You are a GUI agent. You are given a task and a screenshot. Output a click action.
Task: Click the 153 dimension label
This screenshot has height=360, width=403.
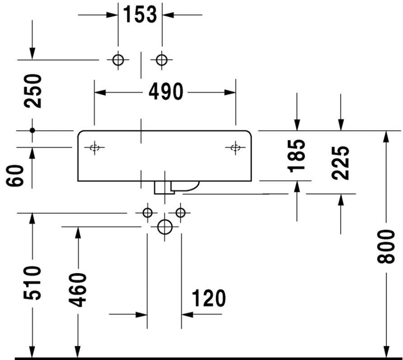pyautogui.click(x=140, y=14)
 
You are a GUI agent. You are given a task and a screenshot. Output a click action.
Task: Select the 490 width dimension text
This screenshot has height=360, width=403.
pyautogui.click(x=166, y=92)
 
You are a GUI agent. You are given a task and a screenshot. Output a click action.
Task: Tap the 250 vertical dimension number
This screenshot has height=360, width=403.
pyautogui.click(x=33, y=91)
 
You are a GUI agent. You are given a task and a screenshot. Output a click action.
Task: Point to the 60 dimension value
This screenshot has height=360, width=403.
pyautogui.click(x=14, y=175)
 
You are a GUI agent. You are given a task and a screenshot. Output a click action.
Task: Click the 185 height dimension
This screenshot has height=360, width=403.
pyautogui.click(x=296, y=156)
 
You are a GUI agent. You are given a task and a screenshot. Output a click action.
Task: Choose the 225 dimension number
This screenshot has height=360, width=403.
pyautogui.click(x=340, y=163)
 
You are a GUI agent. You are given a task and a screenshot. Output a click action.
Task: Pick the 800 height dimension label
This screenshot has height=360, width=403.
pyautogui.click(x=385, y=247)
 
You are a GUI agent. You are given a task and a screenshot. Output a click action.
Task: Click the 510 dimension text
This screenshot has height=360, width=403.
pyautogui.click(x=32, y=283)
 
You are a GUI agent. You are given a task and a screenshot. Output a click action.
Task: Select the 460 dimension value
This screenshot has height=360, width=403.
pyautogui.click(x=78, y=290)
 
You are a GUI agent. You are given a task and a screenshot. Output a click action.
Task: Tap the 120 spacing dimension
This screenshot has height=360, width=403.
pyautogui.click(x=209, y=298)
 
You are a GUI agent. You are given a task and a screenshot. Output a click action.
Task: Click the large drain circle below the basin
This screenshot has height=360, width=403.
pyautogui.click(x=164, y=227)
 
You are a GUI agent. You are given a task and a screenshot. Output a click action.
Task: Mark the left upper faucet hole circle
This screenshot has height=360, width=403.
pyautogui.click(x=118, y=60)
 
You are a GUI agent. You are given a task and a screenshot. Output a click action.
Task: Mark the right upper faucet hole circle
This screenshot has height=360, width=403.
pyautogui.click(x=162, y=60)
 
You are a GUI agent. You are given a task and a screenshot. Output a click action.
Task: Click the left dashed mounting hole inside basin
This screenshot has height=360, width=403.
pyautogui.click(x=94, y=148)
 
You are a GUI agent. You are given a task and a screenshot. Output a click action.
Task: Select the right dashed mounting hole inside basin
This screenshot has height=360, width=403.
pyautogui.click(x=235, y=148)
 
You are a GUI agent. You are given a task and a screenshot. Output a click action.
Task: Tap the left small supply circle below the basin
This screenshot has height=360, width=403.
pyautogui.click(x=147, y=213)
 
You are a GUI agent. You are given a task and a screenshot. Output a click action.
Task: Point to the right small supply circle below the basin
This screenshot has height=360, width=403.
pyautogui.click(x=180, y=213)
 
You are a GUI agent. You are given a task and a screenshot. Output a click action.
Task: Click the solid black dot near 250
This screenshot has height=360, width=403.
pyautogui.click(x=33, y=130)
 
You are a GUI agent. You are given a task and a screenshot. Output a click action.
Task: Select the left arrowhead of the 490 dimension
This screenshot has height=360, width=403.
pyautogui.click(x=100, y=92)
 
